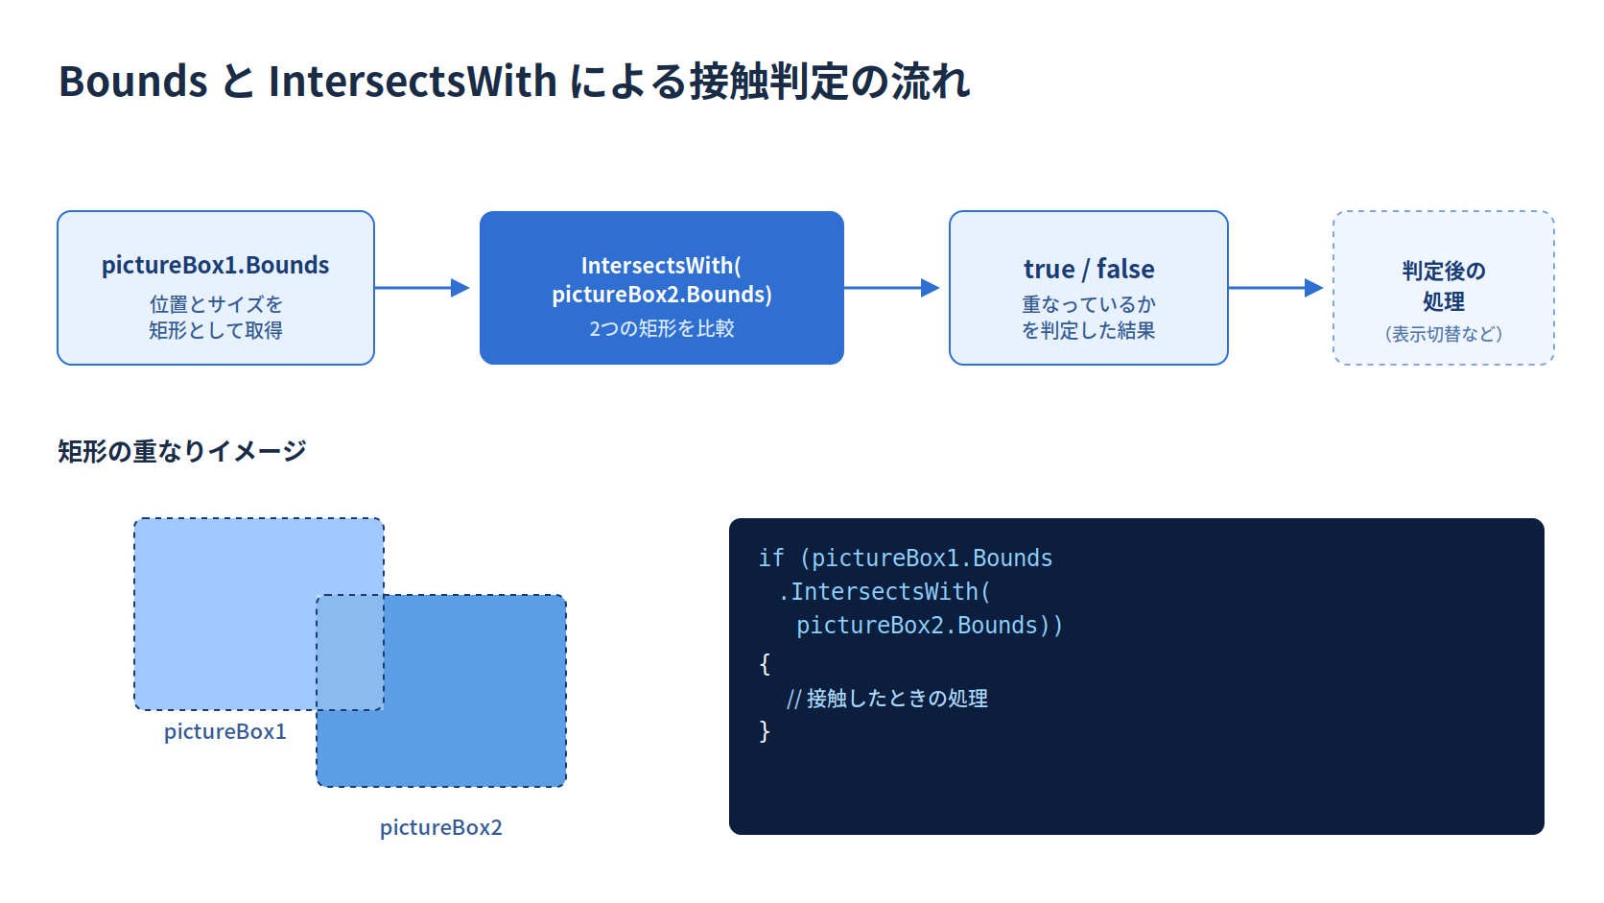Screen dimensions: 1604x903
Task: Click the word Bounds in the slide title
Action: click(133, 81)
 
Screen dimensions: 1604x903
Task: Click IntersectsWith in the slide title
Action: click(413, 81)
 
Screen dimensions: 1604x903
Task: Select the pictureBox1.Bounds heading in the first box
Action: click(216, 266)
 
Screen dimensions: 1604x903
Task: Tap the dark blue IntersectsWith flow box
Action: click(662, 288)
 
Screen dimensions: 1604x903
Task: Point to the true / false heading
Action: click(1089, 270)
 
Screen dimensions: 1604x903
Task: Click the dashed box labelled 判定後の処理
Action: click(1443, 288)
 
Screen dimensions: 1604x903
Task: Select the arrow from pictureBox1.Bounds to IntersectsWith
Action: click(422, 288)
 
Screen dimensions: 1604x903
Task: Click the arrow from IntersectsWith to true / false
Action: click(891, 288)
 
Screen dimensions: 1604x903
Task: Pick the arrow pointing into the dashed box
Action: click(1275, 288)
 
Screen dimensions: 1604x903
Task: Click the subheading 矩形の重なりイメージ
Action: click(182, 451)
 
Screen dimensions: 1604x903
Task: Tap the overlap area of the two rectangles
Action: click(350, 653)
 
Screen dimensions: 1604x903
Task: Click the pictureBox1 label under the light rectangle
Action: click(224, 732)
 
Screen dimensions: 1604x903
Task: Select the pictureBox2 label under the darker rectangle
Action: click(441, 828)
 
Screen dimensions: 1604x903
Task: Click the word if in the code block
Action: click(771, 558)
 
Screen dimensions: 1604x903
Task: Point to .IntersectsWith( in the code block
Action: click(884, 592)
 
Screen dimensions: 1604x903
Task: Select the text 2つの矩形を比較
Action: click(662, 329)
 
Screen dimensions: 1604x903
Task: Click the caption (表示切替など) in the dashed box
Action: click(1444, 334)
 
